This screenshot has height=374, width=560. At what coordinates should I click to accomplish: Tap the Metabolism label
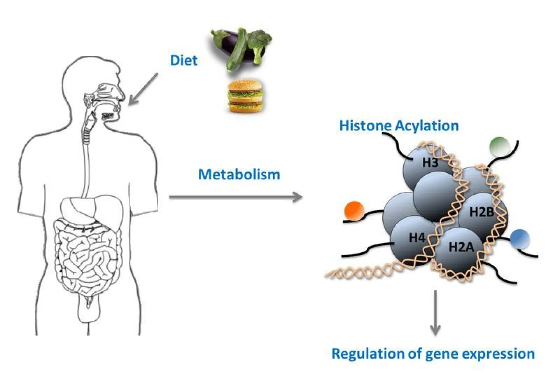tap(239, 175)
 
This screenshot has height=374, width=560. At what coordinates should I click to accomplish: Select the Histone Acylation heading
tap(399, 126)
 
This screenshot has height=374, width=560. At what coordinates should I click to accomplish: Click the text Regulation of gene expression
tap(433, 353)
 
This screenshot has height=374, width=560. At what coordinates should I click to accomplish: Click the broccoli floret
tap(259, 40)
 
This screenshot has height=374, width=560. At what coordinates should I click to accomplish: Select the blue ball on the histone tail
tap(519, 239)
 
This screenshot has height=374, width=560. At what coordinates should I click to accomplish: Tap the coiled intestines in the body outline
tap(89, 252)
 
